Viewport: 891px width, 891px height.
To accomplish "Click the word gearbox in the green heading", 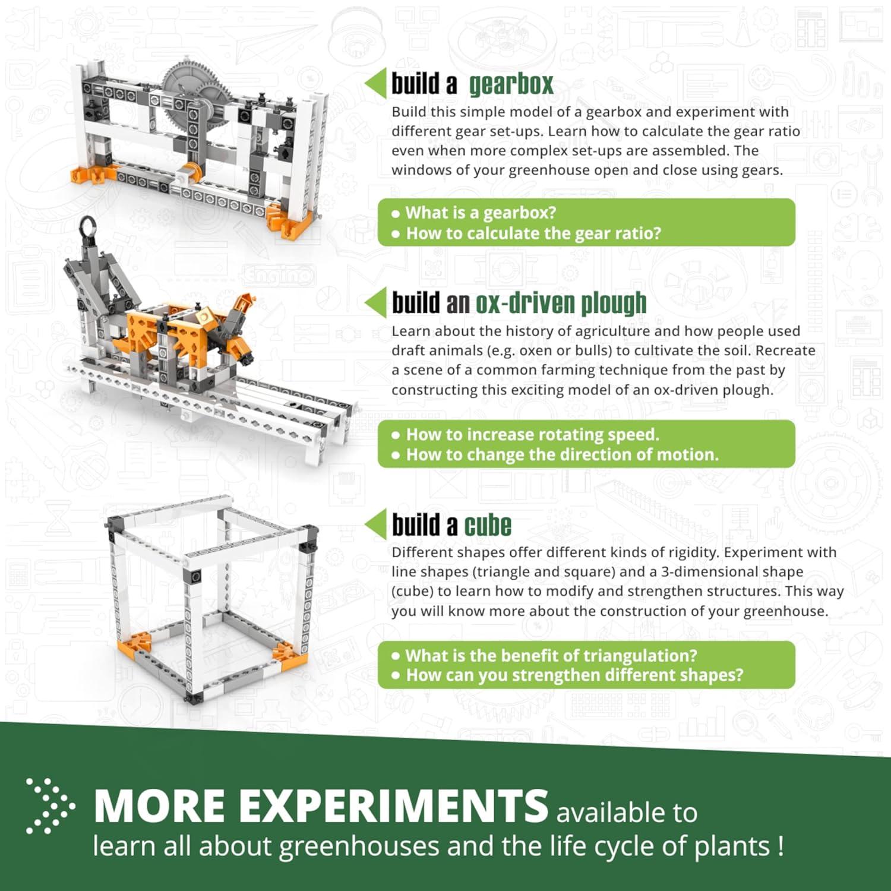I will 511,84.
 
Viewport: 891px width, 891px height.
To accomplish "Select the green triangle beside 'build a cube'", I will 375,525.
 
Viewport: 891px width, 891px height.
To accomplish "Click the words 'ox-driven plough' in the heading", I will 560,304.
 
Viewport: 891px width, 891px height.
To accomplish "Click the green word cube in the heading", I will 487,526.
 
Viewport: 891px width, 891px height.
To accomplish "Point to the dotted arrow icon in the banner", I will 50,806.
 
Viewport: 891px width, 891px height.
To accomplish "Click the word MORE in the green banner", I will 159,807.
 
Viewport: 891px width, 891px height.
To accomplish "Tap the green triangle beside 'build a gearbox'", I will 375,83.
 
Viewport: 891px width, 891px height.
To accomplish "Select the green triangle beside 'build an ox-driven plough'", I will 375,303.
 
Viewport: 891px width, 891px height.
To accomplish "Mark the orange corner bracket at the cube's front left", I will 134,644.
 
